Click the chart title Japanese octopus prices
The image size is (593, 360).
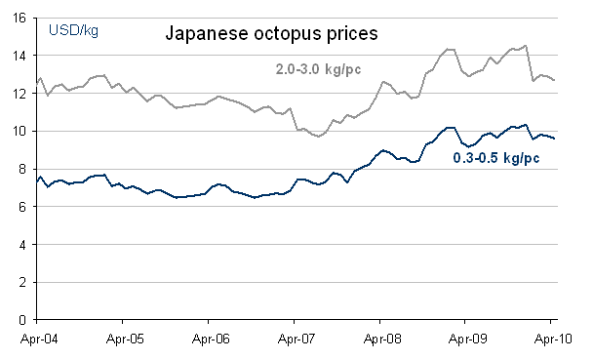[270, 34]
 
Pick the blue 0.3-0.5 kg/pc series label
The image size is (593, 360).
[497, 157]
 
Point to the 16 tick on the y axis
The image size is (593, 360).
[21, 18]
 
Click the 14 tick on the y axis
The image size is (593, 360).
[21, 56]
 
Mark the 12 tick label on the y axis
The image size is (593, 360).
[21, 94]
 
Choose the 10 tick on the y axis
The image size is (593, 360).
[21, 132]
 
